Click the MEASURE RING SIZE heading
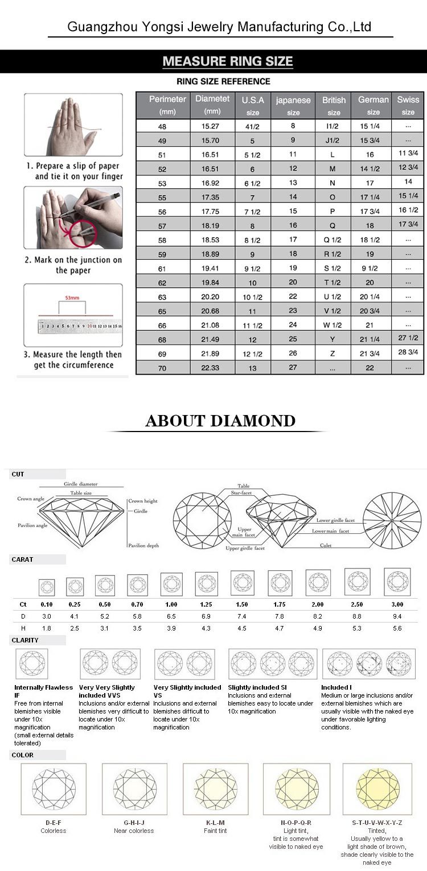(x=227, y=61)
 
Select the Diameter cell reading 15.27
(x=212, y=126)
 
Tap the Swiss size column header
(x=408, y=105)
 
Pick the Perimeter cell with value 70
(x=162, y=368)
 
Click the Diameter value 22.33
(x=212, y=368)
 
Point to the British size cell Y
(x=332, y=339)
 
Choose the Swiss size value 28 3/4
(x=408, y=352)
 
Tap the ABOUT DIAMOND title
(x=220, y=421)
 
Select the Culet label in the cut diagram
(x=326, y=545)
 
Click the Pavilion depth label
(x=143, y=545)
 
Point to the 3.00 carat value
(x=397, y=604)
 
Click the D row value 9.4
(x=397, y=616)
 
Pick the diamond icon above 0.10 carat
(x=46, y=586)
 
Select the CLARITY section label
(x=25, y=640)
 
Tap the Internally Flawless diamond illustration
(x=32, y=663)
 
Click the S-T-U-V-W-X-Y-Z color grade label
(x=377, y=823)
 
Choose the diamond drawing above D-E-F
(x=54, y=789)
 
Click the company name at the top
(x=219, y=27)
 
